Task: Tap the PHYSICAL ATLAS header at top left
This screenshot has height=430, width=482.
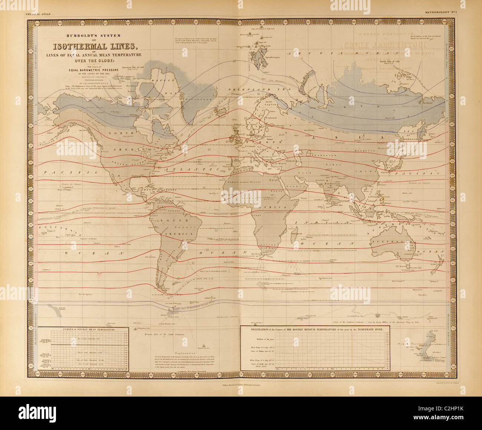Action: click(x=37, y=14)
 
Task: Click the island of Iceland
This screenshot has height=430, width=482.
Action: click(x=222, y=111)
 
